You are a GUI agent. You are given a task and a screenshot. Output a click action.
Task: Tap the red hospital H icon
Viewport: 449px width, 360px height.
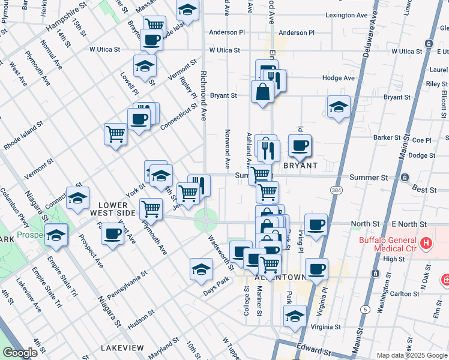tap(426, 243)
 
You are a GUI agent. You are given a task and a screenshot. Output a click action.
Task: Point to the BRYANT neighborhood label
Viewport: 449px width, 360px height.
tap(300, 164)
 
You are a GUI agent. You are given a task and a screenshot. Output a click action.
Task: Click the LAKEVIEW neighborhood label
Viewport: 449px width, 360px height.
tap(122, 348)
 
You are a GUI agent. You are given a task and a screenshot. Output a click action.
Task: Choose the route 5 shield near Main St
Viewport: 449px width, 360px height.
tap(366, 309)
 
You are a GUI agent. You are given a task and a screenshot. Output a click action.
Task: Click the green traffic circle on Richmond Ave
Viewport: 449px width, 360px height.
tap(206, 220)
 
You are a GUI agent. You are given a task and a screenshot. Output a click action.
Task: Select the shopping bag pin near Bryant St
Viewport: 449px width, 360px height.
tap(262, 92)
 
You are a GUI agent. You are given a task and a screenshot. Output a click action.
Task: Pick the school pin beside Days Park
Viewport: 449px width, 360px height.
tap(201, 269)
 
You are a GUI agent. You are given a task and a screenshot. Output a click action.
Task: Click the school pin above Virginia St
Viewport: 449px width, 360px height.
tap(295, 316)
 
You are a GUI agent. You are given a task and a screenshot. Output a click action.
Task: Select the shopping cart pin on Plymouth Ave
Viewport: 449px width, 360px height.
tap(151, 209)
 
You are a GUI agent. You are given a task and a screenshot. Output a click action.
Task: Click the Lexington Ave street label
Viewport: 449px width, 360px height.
tap(346, 15)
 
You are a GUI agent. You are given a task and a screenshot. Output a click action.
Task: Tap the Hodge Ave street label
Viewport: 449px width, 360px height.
tap(338, 78)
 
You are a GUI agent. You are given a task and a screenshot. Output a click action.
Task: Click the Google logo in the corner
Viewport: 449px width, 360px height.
tap(20, 353)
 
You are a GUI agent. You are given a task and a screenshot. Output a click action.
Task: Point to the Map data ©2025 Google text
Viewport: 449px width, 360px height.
tap(411, 355)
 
